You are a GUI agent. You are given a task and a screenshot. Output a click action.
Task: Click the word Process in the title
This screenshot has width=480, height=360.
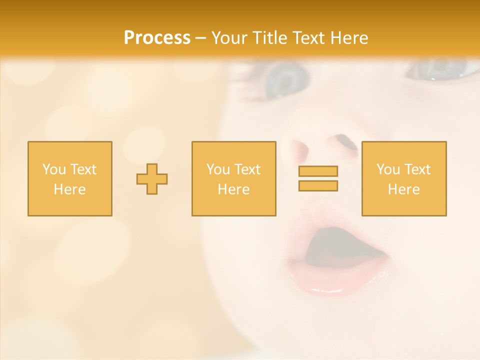click(157, 38)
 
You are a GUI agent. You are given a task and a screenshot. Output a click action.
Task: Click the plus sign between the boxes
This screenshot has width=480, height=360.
click(152, 179)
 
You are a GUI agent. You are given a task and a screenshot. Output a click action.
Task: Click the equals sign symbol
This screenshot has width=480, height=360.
click(318, 178)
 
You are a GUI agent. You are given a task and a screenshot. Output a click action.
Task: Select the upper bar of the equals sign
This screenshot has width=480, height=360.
click(318, 171)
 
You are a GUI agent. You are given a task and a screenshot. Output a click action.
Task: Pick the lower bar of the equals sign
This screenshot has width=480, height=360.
click(318, 185)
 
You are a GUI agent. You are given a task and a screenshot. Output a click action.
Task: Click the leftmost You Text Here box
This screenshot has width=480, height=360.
click(70, 179)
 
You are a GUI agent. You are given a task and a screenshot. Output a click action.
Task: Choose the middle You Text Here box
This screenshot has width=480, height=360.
click(234, 179)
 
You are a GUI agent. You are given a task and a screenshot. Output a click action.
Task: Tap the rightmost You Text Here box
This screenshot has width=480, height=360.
click(404, 179)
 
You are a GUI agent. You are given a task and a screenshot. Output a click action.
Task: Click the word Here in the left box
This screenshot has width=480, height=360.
click(70, 189)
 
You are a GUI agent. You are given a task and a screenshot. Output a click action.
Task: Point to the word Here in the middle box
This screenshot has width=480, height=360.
click(234, 189)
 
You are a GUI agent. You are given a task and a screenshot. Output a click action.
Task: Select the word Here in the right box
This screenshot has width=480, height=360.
click(404, 189)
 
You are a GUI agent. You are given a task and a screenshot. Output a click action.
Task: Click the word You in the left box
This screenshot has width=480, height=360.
click(54, 169)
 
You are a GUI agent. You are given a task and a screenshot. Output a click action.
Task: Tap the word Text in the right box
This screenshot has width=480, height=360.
click(417, 169)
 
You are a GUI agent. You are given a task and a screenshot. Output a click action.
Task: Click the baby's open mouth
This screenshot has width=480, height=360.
click(340, 247)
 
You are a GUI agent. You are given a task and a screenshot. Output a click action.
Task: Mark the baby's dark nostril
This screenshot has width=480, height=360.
click(346, 142)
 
